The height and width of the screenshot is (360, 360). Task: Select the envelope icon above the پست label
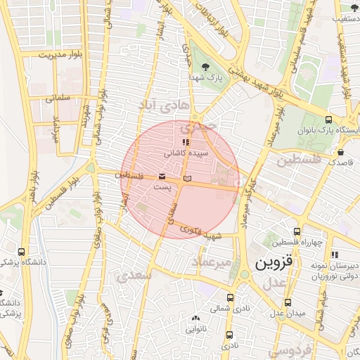[162, 175]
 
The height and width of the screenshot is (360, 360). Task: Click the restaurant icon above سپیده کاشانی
[186, 143]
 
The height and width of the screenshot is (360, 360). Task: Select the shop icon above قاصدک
[340, 151]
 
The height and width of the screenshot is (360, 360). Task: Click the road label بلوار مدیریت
[61, 54]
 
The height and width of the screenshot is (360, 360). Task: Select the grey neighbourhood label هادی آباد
[167, 104]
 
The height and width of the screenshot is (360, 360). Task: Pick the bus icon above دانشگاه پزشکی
[22, 251]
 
